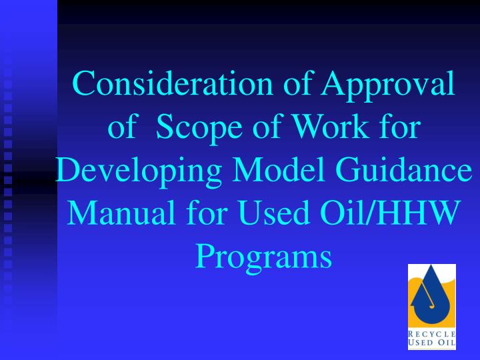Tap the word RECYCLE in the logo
coord(432,334)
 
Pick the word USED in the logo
coord(419,343)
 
